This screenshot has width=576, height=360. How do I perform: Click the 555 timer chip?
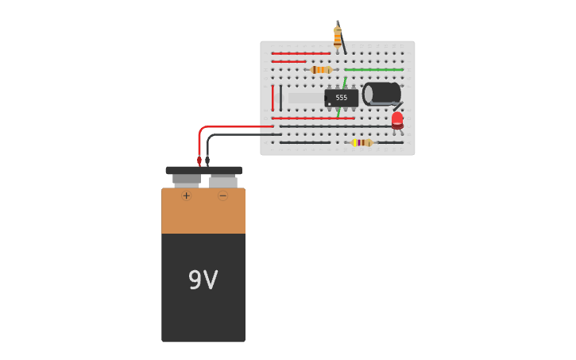tap(341, 98)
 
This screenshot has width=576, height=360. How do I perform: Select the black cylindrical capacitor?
tap(382, 93)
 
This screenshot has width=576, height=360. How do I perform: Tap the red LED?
tap(397, 120)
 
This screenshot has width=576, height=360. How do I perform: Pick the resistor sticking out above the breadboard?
tap(338, 36)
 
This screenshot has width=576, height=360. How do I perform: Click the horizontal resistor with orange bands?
tap(321, 70)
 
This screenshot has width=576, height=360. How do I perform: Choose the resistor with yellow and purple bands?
tap(362, 142)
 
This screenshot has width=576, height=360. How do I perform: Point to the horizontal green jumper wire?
tap(373, 70)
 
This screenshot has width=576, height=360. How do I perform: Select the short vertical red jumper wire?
tap(273, 98)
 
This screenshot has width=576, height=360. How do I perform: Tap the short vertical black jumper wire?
tap(280, 98)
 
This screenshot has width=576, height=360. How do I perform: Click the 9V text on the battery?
tap(203, 280)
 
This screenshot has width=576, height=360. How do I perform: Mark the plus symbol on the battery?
tap(186, 195)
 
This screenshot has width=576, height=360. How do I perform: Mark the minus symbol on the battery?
tap(222, 195)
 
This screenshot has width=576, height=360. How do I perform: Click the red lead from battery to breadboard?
tap(222, 127)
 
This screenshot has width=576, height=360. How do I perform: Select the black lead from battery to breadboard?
tap(238, 134)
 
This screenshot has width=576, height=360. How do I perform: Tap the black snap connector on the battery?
tap(203, 170)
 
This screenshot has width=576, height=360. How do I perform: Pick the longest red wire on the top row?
tap(300, 53)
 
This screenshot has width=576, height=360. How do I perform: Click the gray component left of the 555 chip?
tap(305, 98)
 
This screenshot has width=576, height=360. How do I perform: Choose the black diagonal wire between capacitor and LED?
tap(397, 106)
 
